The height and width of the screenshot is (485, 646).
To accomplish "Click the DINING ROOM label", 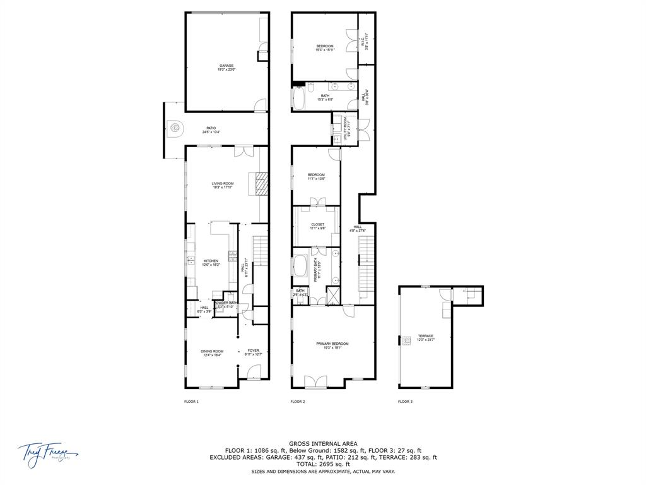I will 212,352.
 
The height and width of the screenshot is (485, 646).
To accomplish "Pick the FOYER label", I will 253,352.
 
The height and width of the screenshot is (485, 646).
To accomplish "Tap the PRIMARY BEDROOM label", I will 332,345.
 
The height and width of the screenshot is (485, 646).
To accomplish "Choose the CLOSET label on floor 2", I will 317,225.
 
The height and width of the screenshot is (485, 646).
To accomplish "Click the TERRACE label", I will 425,337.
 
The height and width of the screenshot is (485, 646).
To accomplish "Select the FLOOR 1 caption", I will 191,402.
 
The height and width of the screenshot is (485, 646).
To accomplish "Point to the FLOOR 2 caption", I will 298,402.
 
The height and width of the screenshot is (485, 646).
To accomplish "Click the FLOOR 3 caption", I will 405,402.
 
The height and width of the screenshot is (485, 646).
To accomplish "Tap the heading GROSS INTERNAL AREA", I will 323,443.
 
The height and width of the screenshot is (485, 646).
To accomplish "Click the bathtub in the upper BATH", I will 298,98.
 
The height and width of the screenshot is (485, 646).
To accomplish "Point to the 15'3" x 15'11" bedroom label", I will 325,47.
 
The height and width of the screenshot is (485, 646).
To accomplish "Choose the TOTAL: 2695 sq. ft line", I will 323,464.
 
